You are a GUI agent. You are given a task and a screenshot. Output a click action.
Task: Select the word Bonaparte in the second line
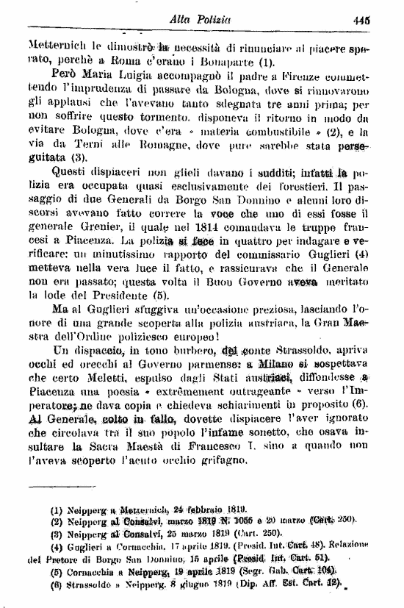click(x=224, y=61)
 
